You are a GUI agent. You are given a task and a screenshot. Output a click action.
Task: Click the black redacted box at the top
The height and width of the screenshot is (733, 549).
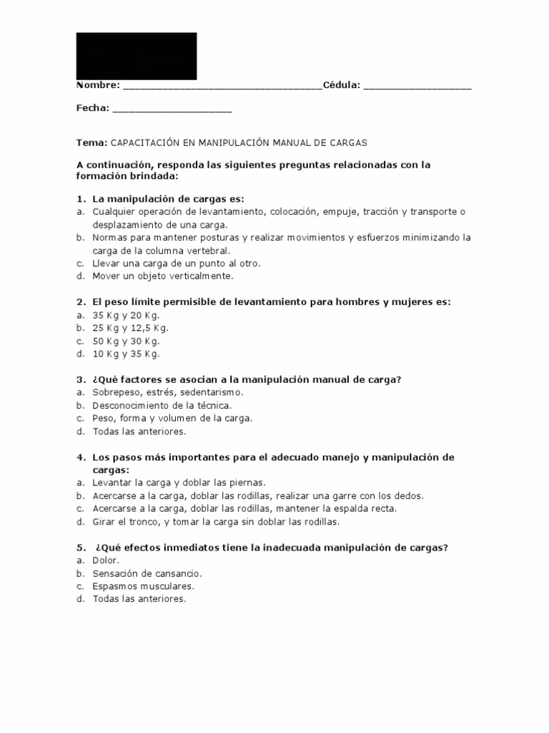pos(137,56)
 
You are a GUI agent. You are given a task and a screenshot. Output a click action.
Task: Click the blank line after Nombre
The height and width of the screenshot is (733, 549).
pos(222,88)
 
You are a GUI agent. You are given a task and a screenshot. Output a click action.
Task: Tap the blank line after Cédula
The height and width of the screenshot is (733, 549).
pos(417,88)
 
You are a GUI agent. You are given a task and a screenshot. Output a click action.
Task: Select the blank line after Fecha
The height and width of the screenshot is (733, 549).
pos(172,111)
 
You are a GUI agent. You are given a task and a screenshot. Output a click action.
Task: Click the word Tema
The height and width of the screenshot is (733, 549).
pos(91,142)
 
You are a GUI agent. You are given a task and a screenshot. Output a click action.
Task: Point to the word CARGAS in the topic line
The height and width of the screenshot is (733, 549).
pos(348,142)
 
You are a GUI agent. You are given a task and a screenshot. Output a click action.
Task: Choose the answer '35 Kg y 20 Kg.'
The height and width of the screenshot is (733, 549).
pos(127,315)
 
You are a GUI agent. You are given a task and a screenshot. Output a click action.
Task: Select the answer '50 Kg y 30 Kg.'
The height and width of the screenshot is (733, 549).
pos(127,341)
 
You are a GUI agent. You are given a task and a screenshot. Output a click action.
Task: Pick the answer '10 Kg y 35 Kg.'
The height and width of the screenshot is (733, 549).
pos(127,354)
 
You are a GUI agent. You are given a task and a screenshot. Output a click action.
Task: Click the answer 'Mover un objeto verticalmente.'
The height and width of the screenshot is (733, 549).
pos(163,276)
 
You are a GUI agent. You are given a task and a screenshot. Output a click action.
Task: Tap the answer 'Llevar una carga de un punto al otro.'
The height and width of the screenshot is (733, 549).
pos(177,263)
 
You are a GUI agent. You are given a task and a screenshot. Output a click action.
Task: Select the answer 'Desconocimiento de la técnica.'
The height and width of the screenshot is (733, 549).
pos(162,405)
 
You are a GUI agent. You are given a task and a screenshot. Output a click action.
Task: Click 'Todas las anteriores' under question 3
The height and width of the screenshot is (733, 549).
pos(139,431)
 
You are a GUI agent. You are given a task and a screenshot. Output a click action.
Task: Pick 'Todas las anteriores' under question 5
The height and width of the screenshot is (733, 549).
pos(139,599)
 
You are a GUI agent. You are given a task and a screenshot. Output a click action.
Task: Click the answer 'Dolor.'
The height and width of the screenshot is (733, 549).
pos(107,560)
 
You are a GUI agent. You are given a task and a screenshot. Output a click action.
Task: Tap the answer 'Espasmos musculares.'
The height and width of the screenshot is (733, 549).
pos(143,586)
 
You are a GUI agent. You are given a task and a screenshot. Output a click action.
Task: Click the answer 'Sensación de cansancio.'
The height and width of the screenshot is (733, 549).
pos(147,573)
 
